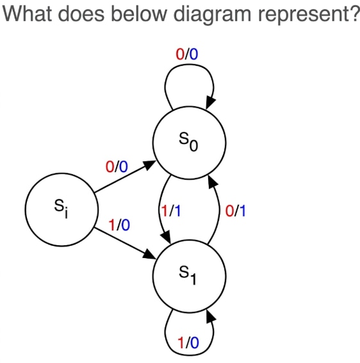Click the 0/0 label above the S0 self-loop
[x=187, y=54]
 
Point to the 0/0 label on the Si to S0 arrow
[x=117, y=166]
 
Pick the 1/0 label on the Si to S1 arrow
[x=119, y=225]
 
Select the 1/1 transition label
[x=171, y=211]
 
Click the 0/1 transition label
[x=235, y=211]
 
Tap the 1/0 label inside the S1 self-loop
[x=188, y=343]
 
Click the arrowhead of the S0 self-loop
[x=210, y=102]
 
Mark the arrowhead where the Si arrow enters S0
[x=149, y=165]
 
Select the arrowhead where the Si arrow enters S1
[x=149, y=254]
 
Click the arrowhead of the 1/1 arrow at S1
[x=166, y=238]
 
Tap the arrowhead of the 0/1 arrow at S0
[x=213, y=182]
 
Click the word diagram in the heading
[x=213, y=15]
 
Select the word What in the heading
[x=27, y=13]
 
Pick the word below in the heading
[x=138, y=13]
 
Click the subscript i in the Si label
[x=66, y=213]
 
